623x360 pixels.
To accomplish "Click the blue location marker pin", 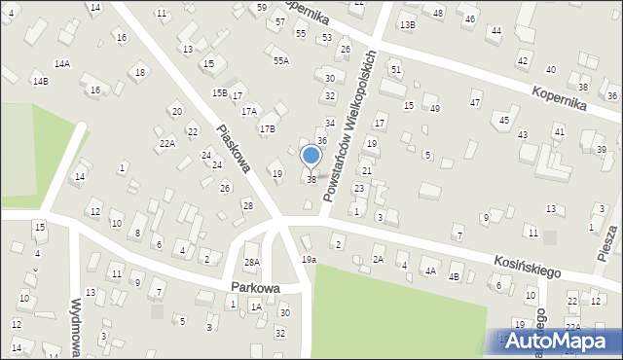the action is point(311,156).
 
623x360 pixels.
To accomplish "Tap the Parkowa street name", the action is point(256,288).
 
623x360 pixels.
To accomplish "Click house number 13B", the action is point(407,24).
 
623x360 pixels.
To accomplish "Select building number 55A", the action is point(280,60).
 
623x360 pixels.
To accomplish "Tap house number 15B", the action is point(220,92).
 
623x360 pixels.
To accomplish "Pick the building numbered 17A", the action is point(249,111).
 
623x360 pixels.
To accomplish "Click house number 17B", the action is point(267,128).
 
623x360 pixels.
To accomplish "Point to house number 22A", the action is point(167,143).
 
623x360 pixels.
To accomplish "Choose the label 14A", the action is point(62,63).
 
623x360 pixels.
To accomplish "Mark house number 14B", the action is point(40,81).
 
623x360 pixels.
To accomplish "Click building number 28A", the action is point(252,262).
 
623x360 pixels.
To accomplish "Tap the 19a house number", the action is point(309,259).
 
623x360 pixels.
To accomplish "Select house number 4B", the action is point(453,277).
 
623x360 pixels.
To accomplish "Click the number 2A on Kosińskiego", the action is point(378,260).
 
